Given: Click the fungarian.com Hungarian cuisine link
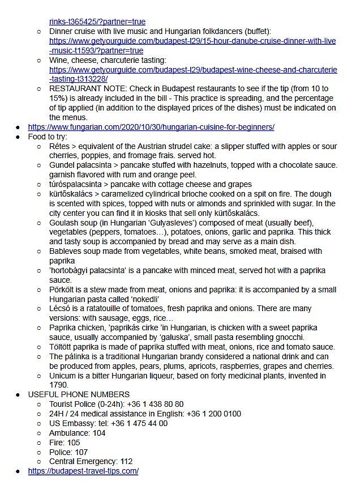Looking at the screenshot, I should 151,127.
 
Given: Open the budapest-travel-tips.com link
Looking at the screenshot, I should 83,471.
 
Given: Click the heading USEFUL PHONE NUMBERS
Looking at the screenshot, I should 79,394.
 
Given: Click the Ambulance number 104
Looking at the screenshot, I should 99,433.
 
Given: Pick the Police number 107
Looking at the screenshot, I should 80,452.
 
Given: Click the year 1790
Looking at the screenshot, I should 59,385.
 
